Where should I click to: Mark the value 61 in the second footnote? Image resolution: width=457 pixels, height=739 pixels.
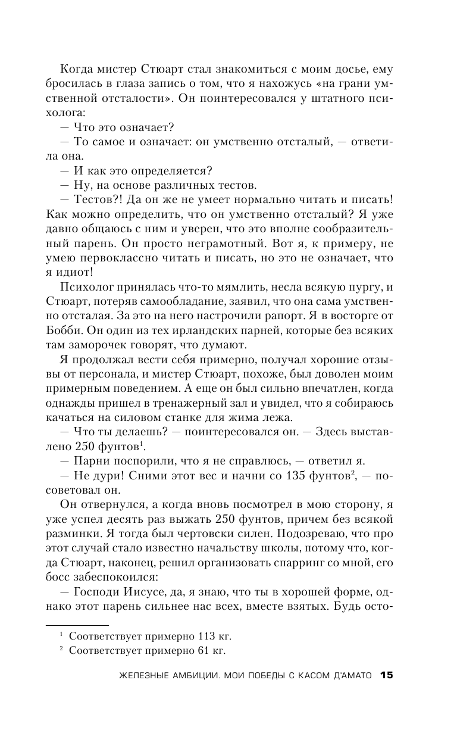pos(190,651)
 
